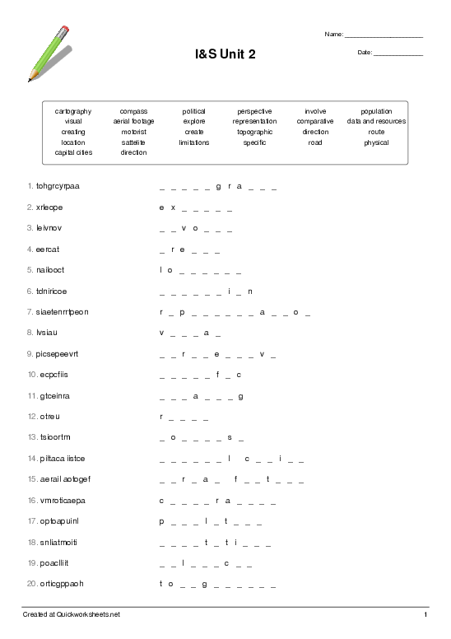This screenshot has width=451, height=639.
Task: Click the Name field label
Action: tap(333, 35)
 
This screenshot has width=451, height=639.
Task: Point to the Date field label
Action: tap(365, 53)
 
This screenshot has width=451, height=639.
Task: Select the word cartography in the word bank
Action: tap(73, 110)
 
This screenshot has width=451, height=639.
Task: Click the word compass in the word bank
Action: tap(133, 110)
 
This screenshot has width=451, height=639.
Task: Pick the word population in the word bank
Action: tap(376, 110)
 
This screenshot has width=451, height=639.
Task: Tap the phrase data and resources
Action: tap(376, 121)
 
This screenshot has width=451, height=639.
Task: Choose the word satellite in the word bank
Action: tap(133, 142)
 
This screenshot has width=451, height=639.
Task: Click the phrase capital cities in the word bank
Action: tap(73, 152)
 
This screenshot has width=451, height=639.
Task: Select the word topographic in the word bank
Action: tap(254, 132)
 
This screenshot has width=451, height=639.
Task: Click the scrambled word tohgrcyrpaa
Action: tap(58, 186)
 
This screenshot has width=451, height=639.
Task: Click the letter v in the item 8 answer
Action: tap(161, 333)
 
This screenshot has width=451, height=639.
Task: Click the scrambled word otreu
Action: tap(50, 416)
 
